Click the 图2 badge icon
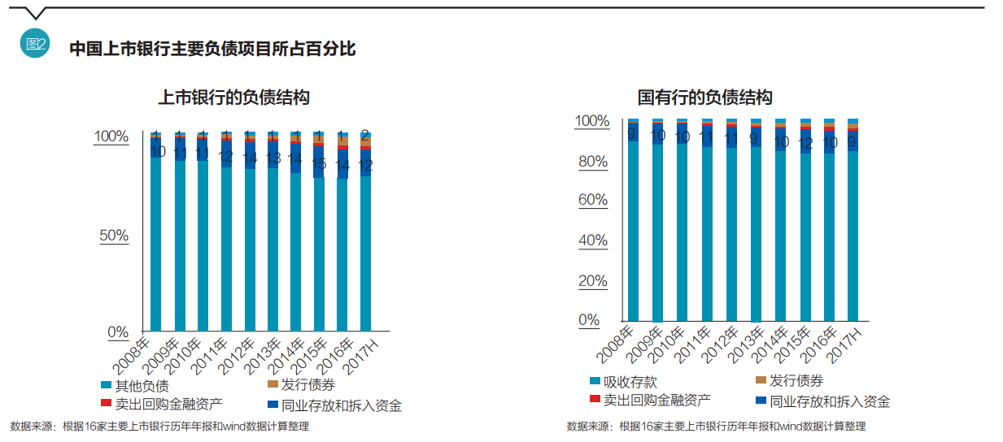point(35,45)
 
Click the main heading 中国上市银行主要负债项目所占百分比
point(212,49)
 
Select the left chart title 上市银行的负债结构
point(233,97)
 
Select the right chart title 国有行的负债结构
point(704,97)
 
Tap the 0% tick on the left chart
point(119,331)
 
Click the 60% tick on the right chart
point(593,200)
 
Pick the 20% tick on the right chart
point(593,281)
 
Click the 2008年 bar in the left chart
point(156,244)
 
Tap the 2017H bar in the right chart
point(853,236)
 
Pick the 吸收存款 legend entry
point(623,382)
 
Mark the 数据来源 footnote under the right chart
point(716,426)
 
